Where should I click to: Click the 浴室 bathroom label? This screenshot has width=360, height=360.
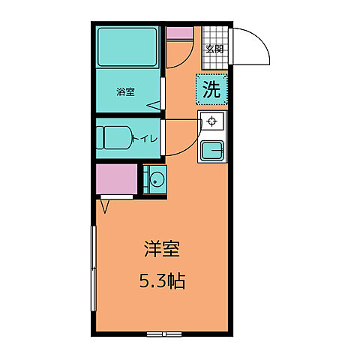pos(125,92)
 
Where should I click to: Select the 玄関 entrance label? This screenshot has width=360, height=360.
pos(214,49)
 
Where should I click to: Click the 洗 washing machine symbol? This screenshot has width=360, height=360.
pos(212,89)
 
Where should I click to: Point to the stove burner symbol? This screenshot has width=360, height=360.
pos(212,121)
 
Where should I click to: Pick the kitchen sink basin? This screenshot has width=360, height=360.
pos(211,150)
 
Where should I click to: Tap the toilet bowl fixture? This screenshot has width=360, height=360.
pos(115,139)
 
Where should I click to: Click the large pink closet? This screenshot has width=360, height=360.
pos(116,180)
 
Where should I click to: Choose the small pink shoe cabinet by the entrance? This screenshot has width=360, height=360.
pos(180,33)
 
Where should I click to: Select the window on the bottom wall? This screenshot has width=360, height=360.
pos(164,332)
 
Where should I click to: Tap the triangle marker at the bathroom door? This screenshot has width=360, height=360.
pos(153,106)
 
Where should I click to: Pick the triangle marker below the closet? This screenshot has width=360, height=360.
pos(105,202)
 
